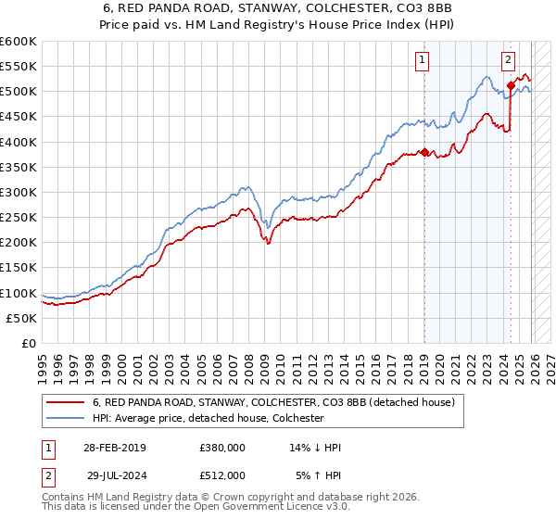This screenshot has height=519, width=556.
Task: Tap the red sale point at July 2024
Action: (511, 85)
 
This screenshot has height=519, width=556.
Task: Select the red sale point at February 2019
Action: (424, 152)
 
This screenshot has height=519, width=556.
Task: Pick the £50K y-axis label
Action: (22, 318)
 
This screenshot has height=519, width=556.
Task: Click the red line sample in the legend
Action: (67, 403)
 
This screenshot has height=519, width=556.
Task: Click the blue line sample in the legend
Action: (67, 418)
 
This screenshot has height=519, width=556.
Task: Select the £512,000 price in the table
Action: (222, 475)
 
